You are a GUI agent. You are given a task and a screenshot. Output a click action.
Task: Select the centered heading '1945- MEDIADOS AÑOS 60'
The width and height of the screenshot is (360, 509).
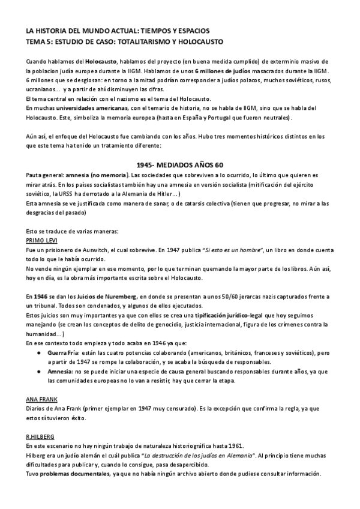(x=179, y=164)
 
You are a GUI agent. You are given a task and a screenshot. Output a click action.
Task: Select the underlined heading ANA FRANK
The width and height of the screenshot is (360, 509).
(x=41, y=400)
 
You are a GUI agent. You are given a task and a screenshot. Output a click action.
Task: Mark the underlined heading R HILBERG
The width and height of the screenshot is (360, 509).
(x=40, y=438)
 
